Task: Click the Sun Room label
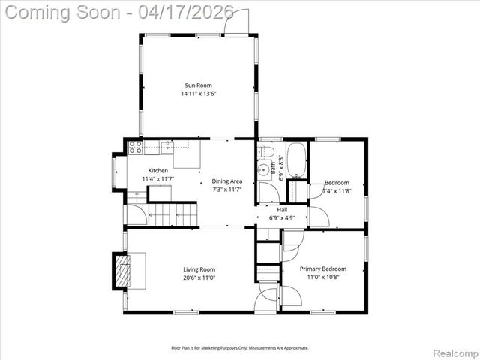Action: coord(198,85)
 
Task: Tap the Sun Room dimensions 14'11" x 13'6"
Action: coord(198,94)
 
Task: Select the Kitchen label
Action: coord(157,171)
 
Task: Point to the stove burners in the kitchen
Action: coord(135,148)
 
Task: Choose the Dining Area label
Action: coord(226,181)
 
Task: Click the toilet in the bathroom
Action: coord(265,152)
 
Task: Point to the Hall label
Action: coord(282,210)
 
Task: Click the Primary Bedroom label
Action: coord(323,268)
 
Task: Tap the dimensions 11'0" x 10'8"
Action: coord(323,277)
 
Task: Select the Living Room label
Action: coord(199,269)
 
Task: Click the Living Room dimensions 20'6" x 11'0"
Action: coord(199,277)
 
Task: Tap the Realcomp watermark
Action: coord(453,352)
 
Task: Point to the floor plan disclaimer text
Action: coord(239,347)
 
